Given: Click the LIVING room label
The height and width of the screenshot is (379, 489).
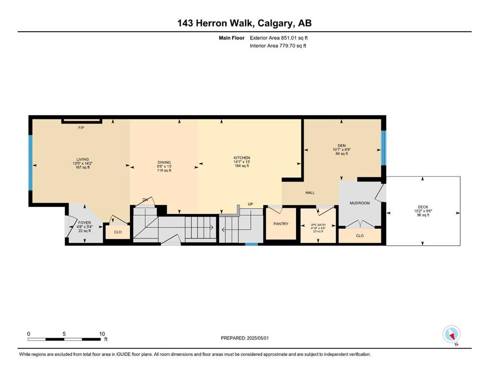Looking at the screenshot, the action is pyautogui.click(x=83, y=159).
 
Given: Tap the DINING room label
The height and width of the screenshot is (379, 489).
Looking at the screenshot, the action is pyautogui.click(x=164, y=162).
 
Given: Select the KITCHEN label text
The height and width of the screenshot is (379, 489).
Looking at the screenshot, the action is pyautogui.click(x=242, y=158).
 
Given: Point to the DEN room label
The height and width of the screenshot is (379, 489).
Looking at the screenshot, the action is pyautogui.click(x=342, y=146).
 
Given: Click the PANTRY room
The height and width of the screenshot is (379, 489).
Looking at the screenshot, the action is pyautogui.click(x=281, y=224).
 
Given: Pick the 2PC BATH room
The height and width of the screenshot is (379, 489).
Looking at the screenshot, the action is pyautogui.click(x=318, y=225).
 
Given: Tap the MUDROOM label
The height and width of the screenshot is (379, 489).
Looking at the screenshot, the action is pyautogui.click(x=359, y=203).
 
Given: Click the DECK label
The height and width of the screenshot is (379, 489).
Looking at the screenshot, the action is pyautogui.click(x=423, y=207).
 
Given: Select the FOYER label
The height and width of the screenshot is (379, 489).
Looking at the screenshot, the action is pyautogui.click(x=85, y=223).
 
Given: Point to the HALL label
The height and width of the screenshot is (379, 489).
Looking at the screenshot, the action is pyautogui.click(x=310, y=193).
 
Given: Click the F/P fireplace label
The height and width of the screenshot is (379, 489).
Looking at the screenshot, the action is pyautogui.click(x=81, y=128).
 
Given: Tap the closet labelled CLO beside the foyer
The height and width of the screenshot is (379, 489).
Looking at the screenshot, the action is pyautogui.click(x=118, y=232).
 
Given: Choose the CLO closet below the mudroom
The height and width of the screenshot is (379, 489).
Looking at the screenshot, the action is pyautogui.click(x=359, y=235).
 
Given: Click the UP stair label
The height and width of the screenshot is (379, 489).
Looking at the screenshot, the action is pyautogui.click(x=251, y=204).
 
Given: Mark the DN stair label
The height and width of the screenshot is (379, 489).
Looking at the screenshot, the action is pyautogui.click(x=145, y=200).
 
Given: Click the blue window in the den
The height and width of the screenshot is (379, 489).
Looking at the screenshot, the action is pyautogui.click(x=384, y=148).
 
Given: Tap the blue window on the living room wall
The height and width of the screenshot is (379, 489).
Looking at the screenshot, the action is pyautogui.click(x=31, y=162).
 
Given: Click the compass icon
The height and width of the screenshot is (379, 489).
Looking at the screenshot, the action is pyautogui.click(x=451, y=335).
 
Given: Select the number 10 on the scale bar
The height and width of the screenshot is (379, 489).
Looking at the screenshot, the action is pyautogui.click(x=102, y=334).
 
